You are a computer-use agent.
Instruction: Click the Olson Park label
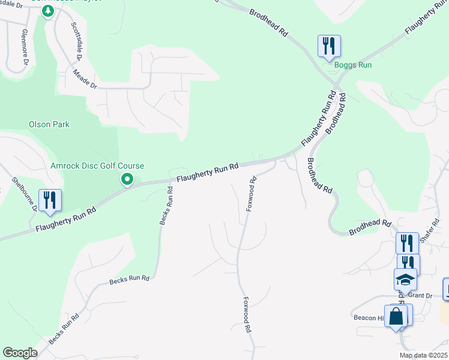click(49, 124)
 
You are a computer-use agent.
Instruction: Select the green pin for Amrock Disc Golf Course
click(127, 179)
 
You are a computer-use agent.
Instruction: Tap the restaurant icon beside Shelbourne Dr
click(49, 200)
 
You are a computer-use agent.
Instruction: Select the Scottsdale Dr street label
click(76, 41)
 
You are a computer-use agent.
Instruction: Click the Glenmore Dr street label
click(25, 46)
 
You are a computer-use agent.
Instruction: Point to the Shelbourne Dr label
click(25, 194)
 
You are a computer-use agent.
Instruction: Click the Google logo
click(20, 352)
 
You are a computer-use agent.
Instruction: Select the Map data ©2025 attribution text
click(424, 355)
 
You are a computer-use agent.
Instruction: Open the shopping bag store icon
click(396, 316)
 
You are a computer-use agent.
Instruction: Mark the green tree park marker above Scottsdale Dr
click(47, 10)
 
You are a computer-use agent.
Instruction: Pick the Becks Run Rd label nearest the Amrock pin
click(166, 205)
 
